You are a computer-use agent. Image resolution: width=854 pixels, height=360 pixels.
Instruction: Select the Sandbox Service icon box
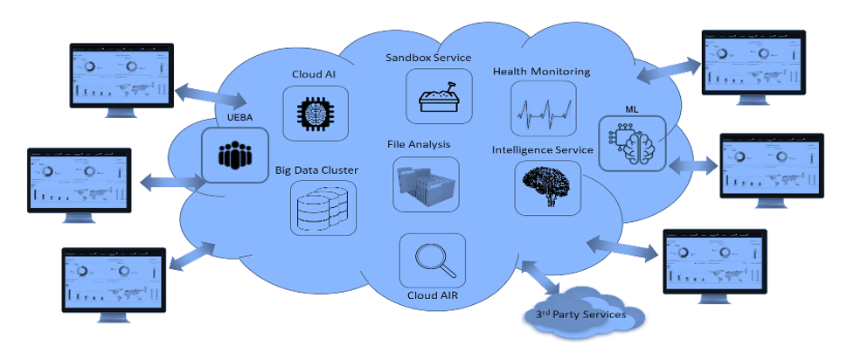tap(440, 96)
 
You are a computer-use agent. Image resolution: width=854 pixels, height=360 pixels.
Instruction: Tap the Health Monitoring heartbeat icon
tap(543, 108)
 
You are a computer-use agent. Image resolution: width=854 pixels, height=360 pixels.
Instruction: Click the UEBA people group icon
tap(234, 155)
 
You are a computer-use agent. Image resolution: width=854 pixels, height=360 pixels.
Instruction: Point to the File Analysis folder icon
tap(426, 184)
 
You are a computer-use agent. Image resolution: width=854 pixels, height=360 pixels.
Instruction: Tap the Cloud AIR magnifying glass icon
tap(432, 260)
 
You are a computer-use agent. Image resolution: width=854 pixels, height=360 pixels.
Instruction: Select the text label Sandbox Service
tap(428, 58)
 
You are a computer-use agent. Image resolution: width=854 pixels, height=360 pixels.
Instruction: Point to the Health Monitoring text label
tap(542, 71)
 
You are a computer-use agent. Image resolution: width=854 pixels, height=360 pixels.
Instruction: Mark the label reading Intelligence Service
tap(543, 149)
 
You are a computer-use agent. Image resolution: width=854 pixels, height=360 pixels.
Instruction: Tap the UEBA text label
tap(233, 119)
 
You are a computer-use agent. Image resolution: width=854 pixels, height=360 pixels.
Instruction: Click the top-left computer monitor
tap(122, 79)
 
